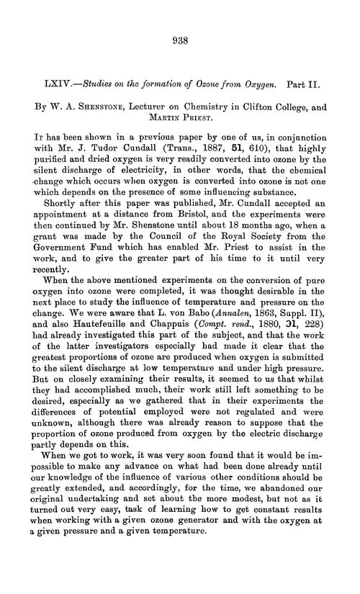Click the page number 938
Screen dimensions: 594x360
[x=180, y=41]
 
